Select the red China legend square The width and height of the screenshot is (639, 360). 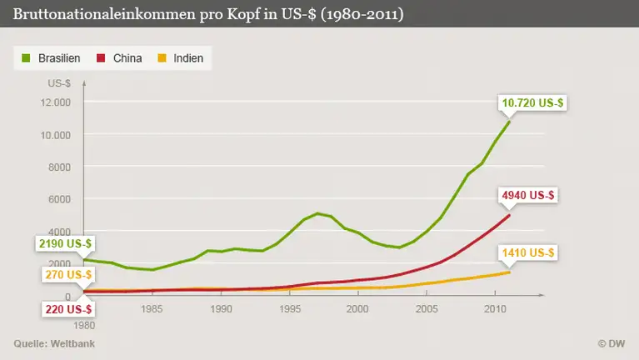pos(102,58)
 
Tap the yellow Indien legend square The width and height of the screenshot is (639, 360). pos(162,58)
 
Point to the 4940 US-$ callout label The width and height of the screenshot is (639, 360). pos(529,196)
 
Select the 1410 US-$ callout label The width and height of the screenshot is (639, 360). pos(529,252)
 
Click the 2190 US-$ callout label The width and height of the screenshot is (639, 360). pos(65,243)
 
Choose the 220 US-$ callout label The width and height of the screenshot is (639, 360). pos(68,309)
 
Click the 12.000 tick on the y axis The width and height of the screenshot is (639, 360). pos(55,102)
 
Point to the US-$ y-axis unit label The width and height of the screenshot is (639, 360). pos(59,83)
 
